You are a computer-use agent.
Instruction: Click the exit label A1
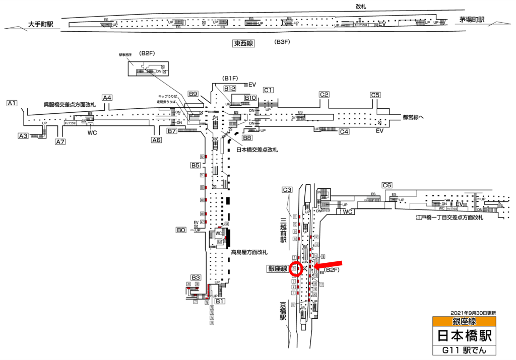pos(12,103)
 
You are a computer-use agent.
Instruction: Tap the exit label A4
pos(107,98)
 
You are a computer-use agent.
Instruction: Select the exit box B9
pos(193,94)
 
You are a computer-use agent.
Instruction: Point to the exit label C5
pos(375,95)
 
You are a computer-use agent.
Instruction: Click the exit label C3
pos(287,190)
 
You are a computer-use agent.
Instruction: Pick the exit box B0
pos(181,231)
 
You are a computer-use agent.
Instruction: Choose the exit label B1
pos(220,301)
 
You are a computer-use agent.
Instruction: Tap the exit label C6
pos(387,185)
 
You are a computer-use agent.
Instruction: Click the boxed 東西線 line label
pos(244,44)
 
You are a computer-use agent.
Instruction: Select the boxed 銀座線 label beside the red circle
pos(277,269)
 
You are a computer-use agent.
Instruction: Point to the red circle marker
pos(295,269)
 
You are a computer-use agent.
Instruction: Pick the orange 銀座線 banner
pos(464,321)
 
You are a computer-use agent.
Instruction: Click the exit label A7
pos(60,141)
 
